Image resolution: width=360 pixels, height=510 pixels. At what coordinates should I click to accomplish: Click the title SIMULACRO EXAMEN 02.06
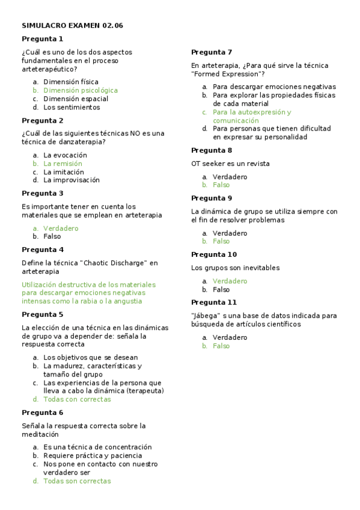tap(72, 25)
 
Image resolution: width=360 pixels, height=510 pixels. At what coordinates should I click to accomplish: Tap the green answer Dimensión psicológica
tap(81, 90)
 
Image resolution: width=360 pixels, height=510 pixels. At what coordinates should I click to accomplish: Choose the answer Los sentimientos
tap(72, 108)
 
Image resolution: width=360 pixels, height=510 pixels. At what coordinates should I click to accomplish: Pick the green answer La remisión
tap(63, 164)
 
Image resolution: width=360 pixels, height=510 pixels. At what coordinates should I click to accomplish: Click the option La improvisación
tap(72, 180)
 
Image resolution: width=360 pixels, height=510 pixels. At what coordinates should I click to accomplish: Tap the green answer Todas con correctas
tap(77, 399)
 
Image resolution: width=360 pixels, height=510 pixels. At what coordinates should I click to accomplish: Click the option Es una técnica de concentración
tap(97, 447)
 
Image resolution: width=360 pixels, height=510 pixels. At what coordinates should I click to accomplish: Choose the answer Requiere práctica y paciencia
tap(89, 456)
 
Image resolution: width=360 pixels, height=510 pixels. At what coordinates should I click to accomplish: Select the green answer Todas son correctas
tap(77, 481)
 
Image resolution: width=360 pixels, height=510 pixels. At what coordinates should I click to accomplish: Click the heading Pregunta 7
tap(212, 52)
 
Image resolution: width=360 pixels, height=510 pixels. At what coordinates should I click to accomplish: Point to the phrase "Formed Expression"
tap(228, 73)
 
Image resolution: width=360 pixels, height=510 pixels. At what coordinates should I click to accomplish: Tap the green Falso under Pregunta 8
tap(221, 185)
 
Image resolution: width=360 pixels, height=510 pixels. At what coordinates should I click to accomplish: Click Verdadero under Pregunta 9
tap(230, 233)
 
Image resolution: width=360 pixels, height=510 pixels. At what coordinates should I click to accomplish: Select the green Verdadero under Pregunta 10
tap(230, 281)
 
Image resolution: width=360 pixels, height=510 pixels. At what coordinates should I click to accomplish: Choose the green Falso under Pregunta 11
tap(221, 346)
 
